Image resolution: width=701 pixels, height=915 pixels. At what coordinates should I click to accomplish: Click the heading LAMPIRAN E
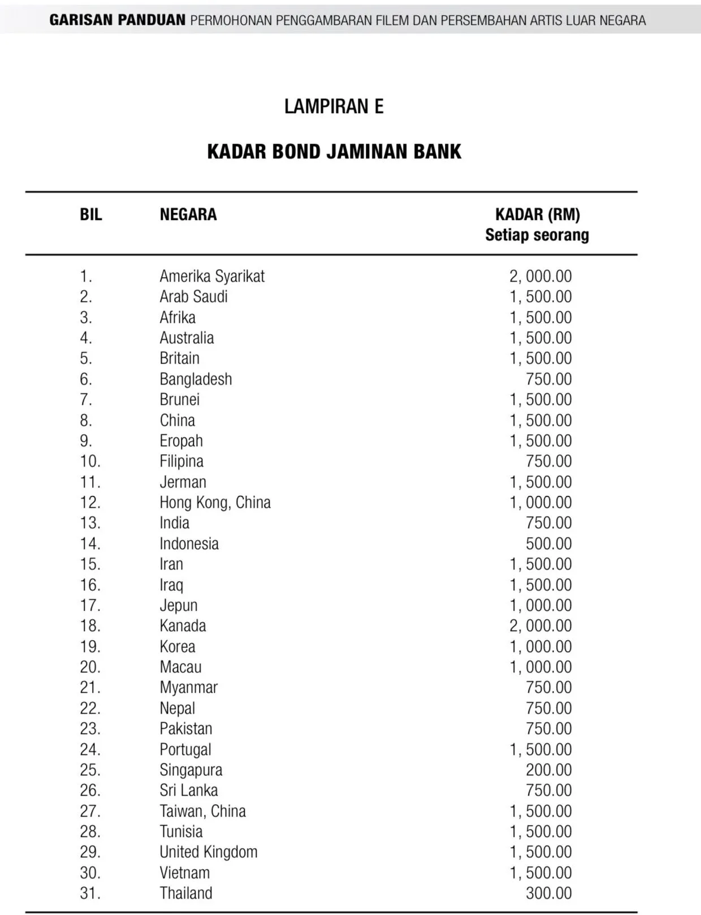coord(334,106)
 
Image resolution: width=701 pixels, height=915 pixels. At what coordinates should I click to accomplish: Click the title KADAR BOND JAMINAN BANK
coord(334,152)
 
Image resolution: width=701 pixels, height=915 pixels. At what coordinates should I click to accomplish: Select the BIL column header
coord(90,215)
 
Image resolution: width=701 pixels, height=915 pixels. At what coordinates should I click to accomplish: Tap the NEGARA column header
coord(188,215)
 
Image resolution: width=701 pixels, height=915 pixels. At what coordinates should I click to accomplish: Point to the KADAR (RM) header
coord(537,215)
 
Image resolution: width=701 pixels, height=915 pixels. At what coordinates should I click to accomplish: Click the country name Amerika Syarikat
coord(211,277)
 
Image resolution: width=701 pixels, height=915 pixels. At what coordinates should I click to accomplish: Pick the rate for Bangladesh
coord(548,379)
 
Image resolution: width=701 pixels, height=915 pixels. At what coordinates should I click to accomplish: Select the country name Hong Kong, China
coord(215,503)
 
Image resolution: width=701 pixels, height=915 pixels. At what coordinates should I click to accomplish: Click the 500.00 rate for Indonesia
coord(548,544)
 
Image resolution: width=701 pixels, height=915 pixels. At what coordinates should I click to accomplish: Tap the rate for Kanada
coord(540,626)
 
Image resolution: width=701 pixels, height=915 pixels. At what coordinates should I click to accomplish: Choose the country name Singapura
coord(191,770)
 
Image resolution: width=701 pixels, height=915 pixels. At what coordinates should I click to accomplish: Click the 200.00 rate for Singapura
coord(548,770)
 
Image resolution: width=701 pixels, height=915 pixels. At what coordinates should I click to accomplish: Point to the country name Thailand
coord(185,894)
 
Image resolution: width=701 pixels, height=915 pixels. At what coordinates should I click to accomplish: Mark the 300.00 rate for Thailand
coord(548,894)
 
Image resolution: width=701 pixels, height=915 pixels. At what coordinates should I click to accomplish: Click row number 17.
coord(90,606)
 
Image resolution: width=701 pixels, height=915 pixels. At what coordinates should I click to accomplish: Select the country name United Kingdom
coord(208,852)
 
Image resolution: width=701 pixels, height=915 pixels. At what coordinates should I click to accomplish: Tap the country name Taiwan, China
coord(202,812)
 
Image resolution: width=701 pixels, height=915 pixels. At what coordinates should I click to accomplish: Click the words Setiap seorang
coord(537,235)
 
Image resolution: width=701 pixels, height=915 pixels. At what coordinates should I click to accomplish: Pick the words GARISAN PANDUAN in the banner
coord(117,20)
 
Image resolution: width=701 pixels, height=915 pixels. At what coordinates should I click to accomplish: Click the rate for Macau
coord(540,667)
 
